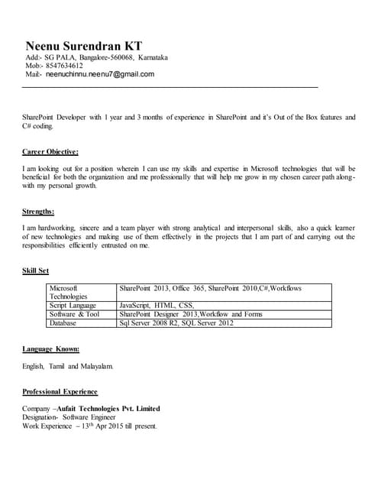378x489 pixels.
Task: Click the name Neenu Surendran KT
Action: click(x=83, y=45)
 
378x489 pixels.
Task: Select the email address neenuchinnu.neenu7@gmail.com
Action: click(x=99, y=75)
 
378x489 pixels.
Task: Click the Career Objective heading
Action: click(x=50, y=152)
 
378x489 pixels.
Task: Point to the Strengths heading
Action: click(x=38, y=212)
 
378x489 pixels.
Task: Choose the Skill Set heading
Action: click(x=36, y=271)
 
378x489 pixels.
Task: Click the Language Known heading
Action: click(x=50, y=349)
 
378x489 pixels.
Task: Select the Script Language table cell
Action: click(x=74, y=305)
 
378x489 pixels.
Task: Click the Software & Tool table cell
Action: click(x=75, y=314)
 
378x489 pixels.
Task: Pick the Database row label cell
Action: click(x=63, y=323)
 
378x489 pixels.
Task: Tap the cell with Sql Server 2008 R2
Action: click(x=176, y=323)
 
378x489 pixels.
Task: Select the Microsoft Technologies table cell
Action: click(x=69, y=292)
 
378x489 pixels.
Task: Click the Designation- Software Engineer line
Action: click(x=69, y=418)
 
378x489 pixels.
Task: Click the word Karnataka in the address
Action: click(x=153, y=57)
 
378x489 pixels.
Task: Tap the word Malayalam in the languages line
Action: click(x=95, y=367)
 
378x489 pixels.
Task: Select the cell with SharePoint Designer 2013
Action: click(x=191, y=314)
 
